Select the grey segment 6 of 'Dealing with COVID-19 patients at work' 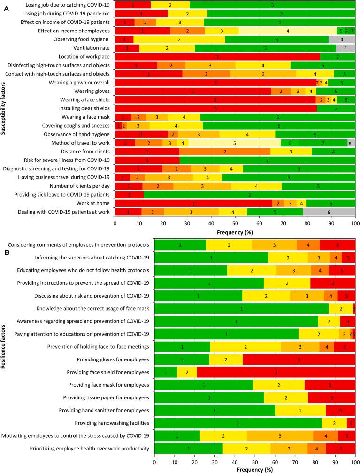(329, 212)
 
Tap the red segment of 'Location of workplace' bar (217, 56)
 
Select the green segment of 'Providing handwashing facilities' (237, 423)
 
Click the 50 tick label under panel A (235, 224)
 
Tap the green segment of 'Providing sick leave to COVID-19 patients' (249, 194)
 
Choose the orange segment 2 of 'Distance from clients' (225, 152)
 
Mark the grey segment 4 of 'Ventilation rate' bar (345, 48)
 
